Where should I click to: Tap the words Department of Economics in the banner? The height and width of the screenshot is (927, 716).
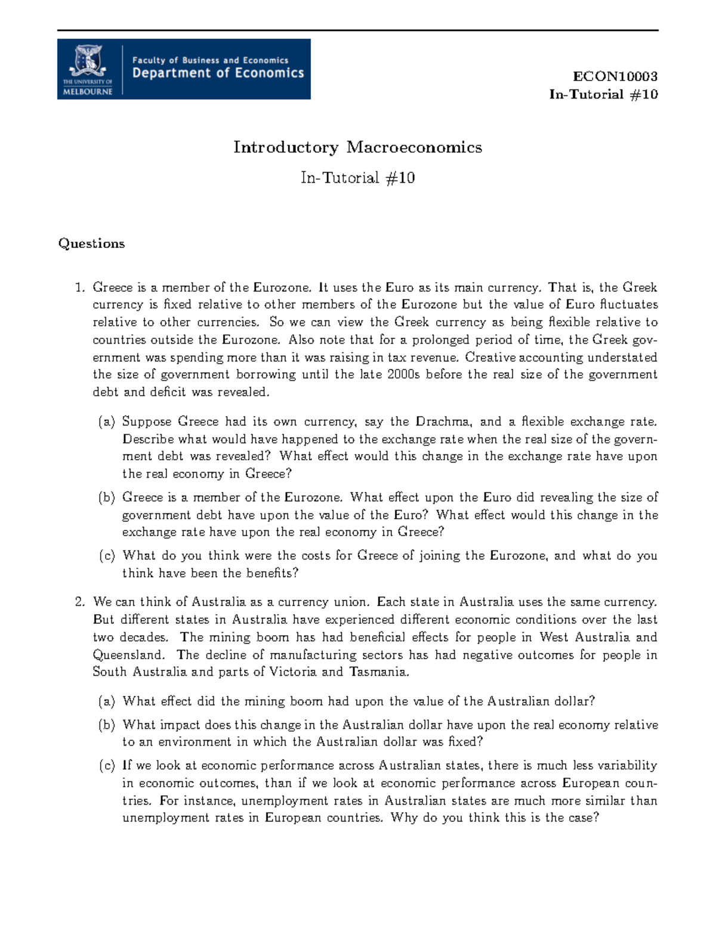click(x=218, y=73)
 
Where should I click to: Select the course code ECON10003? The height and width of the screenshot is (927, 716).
click(x=615, y=76)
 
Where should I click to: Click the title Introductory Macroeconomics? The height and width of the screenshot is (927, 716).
click(x=357, y=147)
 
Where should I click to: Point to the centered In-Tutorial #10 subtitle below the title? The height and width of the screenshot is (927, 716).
click(x=357, y=178)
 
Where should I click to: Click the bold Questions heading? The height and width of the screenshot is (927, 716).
click(x=91, y=244)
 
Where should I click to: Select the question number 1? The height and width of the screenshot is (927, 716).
click(x=79, y=288)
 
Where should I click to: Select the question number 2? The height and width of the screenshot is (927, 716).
click(x=79, y=602)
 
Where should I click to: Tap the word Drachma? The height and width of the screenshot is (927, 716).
click(x=442, y=422)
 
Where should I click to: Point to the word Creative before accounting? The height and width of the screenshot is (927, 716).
click(x=490, y=358)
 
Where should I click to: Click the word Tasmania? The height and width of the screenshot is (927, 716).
click(x=379, y=672)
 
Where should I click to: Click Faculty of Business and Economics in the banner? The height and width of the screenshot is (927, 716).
click(x=210, y=60)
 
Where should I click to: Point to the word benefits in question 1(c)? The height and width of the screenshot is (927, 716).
click(x=267, y=574)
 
